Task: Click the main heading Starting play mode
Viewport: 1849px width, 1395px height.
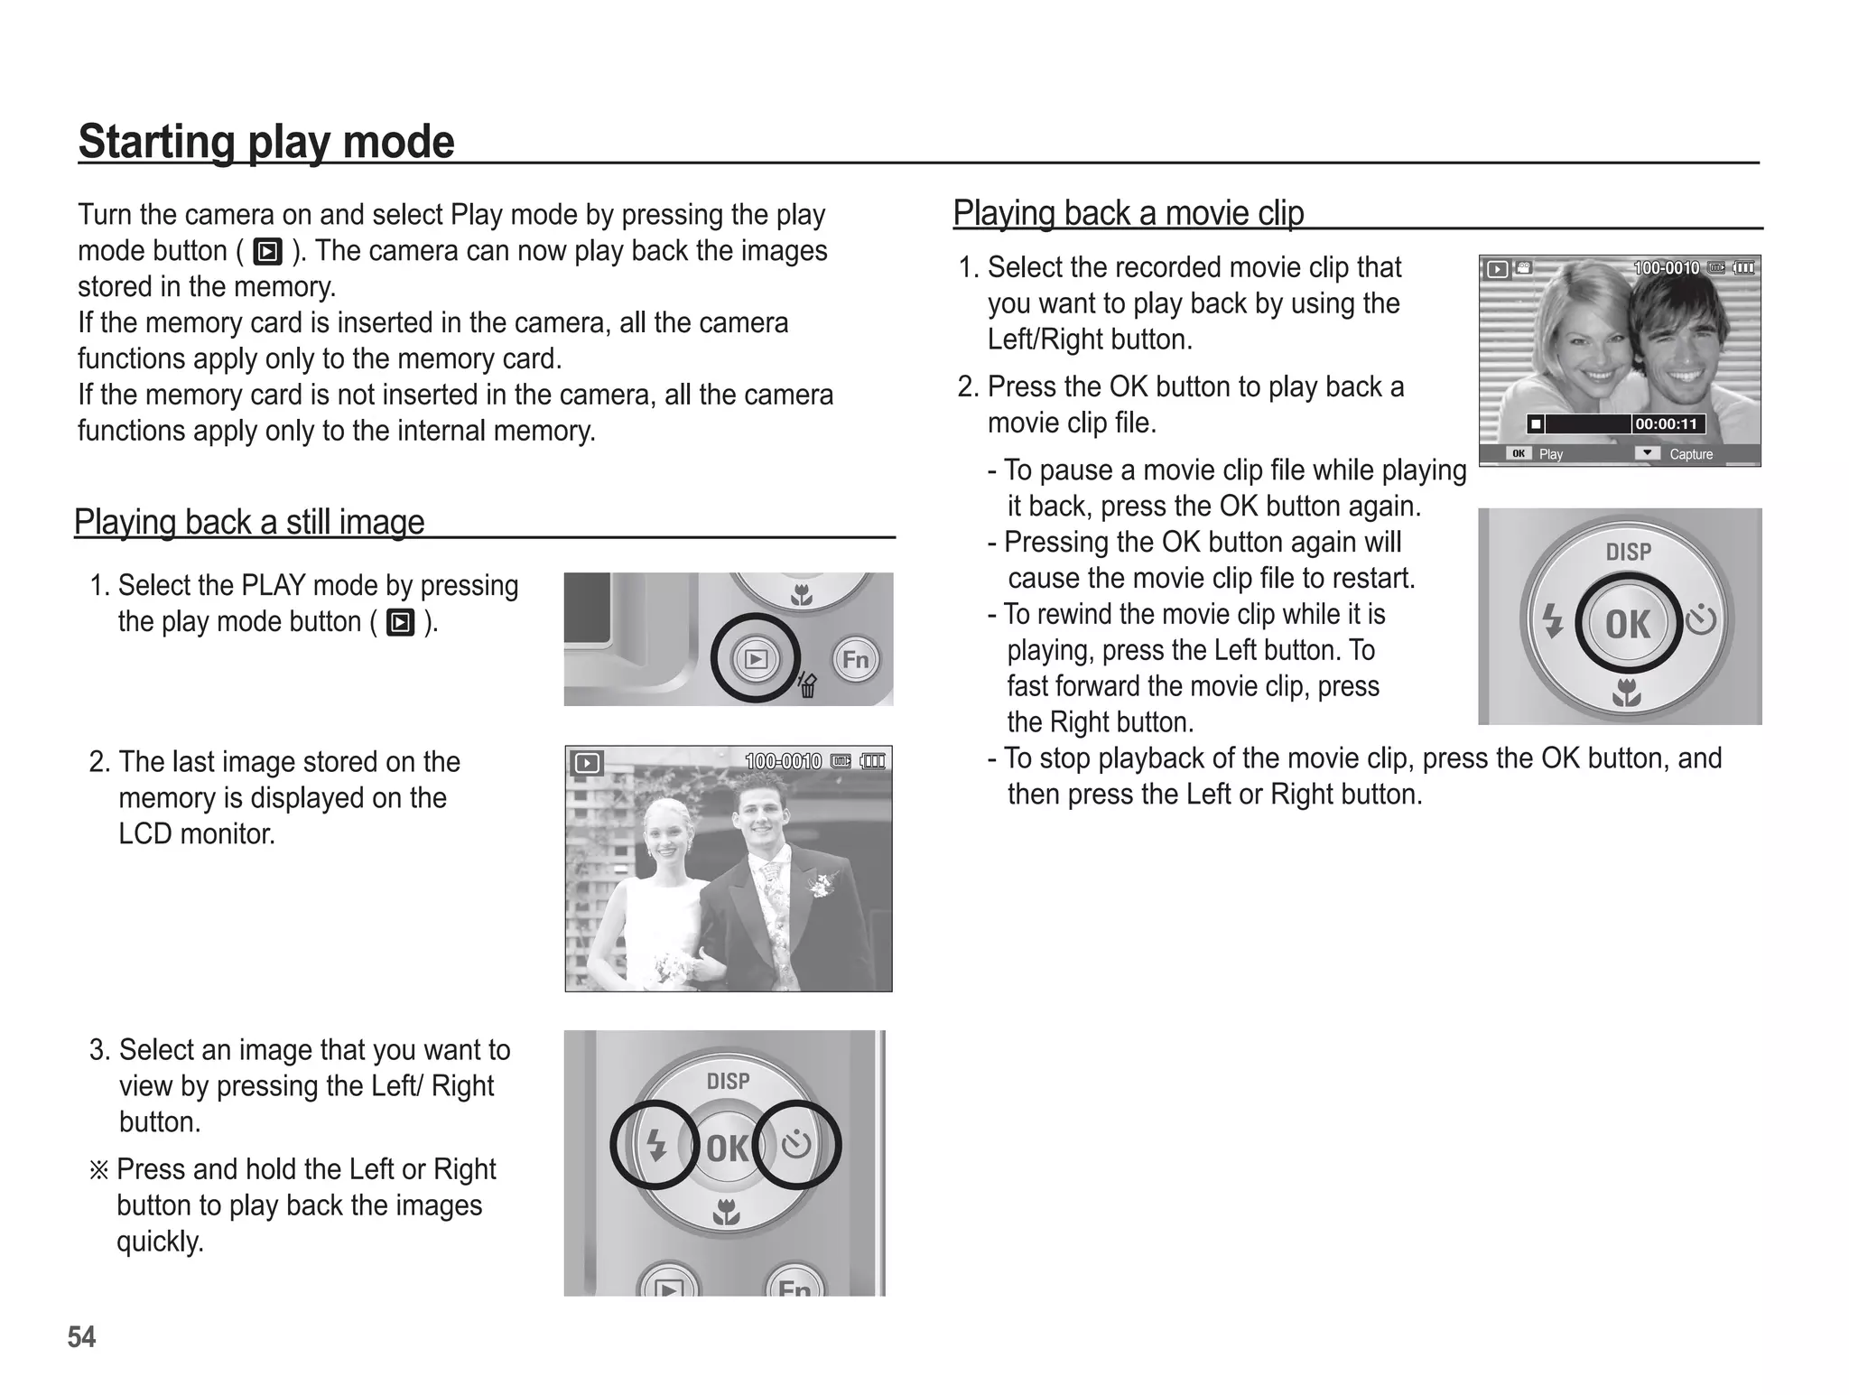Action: tap(266, 142)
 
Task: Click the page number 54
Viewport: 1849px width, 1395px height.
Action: tap(81, 1336)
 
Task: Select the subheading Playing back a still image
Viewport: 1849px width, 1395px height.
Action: tap(249, 522)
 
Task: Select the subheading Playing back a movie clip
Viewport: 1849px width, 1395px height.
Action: tap(1129, 213)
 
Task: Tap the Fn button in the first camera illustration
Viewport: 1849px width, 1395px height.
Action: tap(855, 660)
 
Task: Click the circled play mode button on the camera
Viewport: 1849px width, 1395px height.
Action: tap(755, 659)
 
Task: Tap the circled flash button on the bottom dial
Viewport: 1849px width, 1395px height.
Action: tap(656, 1146)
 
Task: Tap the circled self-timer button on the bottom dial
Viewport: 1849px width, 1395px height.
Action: tap(796, 1145)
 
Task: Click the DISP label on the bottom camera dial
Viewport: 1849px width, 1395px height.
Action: tap(728, 1081)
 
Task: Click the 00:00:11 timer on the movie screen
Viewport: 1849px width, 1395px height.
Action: tap(1667, 424)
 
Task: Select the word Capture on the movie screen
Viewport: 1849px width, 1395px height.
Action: tap(1690, 454)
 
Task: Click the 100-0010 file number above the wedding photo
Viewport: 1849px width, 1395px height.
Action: tap(783, 762)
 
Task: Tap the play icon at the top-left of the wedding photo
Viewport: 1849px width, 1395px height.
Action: tap(587, 764)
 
